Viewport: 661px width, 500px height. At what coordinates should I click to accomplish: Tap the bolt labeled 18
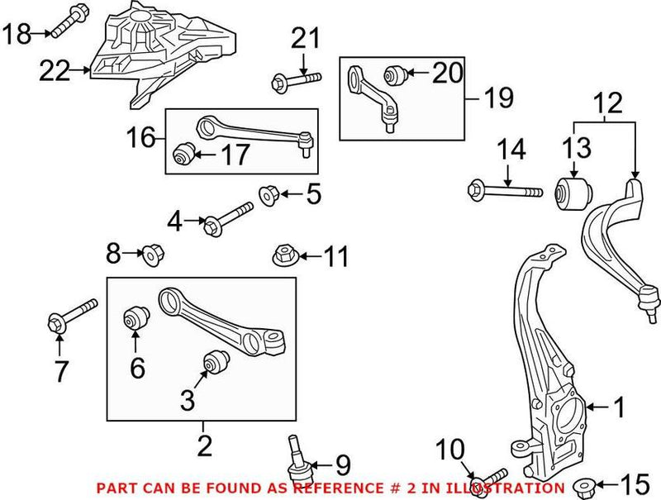click(x=67, y=21)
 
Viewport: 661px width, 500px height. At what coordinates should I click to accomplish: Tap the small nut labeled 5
click(x=269, y=195)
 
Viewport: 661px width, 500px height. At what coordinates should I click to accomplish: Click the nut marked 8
click(x=151, y=255)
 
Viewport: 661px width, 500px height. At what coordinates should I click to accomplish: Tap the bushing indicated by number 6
click(x=135, y=317)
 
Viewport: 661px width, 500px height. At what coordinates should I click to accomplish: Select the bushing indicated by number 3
click(x=216, y=362)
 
